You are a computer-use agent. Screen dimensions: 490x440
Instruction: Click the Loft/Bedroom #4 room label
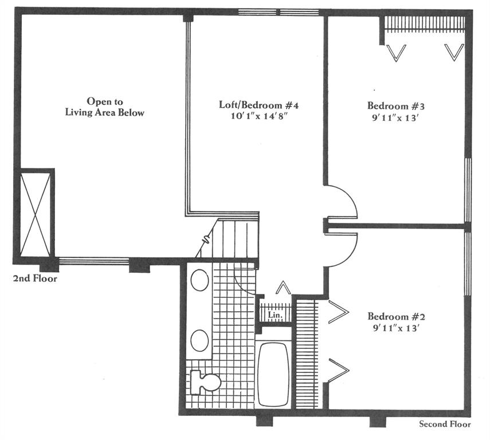coord(258,105)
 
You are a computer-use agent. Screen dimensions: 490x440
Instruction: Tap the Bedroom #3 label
coord(395,106)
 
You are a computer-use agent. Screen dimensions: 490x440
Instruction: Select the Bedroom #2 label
coord(396,317)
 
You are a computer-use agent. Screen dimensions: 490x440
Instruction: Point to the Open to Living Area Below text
coord(105,107)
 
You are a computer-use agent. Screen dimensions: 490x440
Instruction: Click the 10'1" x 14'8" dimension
coord(258,116)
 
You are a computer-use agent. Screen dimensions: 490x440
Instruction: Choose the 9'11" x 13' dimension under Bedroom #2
coord(395,328)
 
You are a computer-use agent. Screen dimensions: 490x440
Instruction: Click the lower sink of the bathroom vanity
coord(199,340)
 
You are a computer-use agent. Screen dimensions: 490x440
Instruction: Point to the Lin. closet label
coord(275,315)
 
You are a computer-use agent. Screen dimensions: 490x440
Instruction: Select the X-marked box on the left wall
coord(35,214)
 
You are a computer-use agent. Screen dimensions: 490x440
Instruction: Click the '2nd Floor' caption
coord(35,278)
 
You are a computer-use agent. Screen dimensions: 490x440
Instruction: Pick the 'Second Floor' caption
coord(445,424)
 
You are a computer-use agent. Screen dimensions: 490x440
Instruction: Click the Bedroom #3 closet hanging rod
coord(424,30)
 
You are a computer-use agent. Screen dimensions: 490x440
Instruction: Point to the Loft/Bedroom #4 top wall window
coord(279,12)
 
